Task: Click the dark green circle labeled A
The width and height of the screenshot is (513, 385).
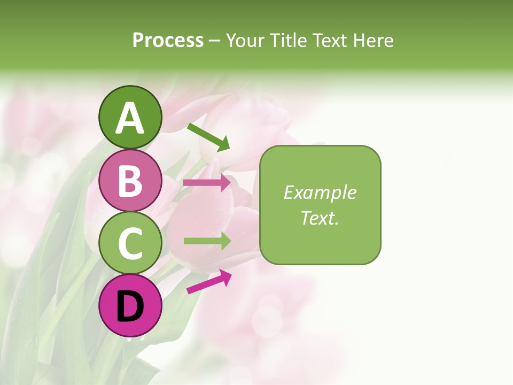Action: pyautogui.click(x=130, y=118)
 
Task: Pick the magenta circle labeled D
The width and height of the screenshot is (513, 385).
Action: pyautogui.click(x=130, y=305)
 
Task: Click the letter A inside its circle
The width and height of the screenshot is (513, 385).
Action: pyautogui.click(x=130, y=119)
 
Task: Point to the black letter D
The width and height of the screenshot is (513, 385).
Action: pyautogui.click(x=130, y=307)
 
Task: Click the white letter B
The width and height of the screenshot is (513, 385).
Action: pyautogui.click(x=130, y=181)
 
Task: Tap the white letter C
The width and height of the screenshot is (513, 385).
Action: pyautogui.click(x=130, y=243)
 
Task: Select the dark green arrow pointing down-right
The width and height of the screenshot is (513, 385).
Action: pyautogui.click(x=208, y=137)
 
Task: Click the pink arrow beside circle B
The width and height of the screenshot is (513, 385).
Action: pyautogui.click(x=207, y=183)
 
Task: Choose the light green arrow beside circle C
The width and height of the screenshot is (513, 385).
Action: pyautogui.click(x=207, y=241)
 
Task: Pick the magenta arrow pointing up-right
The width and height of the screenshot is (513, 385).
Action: pyautogui.click(x=209, y=282)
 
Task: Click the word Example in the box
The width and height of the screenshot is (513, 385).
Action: pyautogui.click(x=320, y=192)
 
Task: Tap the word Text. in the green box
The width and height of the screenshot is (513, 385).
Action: pyautogui.click(x=320, y=218)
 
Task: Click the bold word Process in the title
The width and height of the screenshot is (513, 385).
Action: pyautogui.click(x=168, y=40)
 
